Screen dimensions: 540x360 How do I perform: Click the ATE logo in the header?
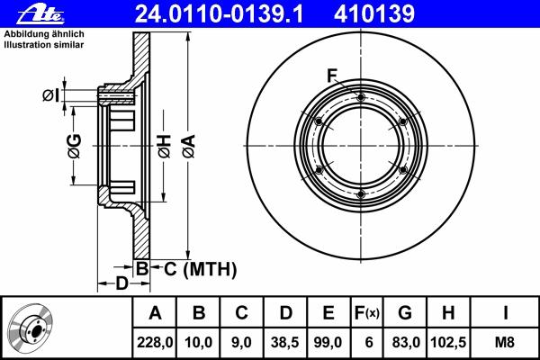point(40,14)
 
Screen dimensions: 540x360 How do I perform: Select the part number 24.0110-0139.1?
point(219,14)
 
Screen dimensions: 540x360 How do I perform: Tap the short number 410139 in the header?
point(374,14)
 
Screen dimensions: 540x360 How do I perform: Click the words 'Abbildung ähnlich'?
point(44,34)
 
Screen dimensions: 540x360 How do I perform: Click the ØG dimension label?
point(75,146)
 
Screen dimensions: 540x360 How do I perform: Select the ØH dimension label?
point(165,147)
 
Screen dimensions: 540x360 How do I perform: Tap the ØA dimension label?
point(189,147)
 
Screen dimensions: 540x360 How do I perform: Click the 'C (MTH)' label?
point(200,269)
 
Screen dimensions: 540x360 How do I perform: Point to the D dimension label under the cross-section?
point(121,283)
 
